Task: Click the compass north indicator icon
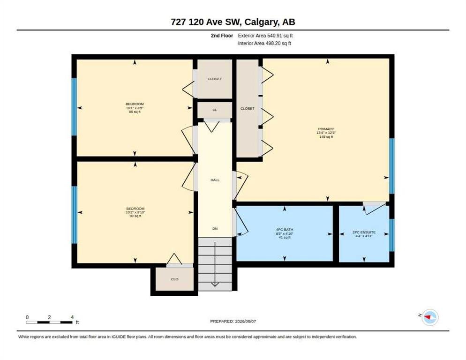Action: tap(430, 317)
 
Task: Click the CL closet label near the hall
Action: tap(215, 110)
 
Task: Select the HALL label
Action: tap(215, 180)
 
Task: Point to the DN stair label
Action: tap(215, 229)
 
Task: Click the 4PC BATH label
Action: tap(285, 230)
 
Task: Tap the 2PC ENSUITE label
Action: tap(364, 232)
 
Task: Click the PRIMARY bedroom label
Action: tap(326, 129)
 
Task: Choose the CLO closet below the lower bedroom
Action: tap(175, 279)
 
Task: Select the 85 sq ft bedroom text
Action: tap(135, 112)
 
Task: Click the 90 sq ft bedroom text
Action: tap(135, 216)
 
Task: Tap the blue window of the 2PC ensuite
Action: tap(392, 235)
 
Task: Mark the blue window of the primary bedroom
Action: tap(392, 166)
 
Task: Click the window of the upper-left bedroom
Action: tap(74, 107)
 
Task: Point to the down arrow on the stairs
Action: tap(215, 264)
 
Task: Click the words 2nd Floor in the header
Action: tap(222, 36)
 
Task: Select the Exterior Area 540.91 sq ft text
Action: tap(265, 36)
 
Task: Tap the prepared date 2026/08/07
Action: tap(246, 322)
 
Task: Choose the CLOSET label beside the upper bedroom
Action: tap(215, 79)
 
